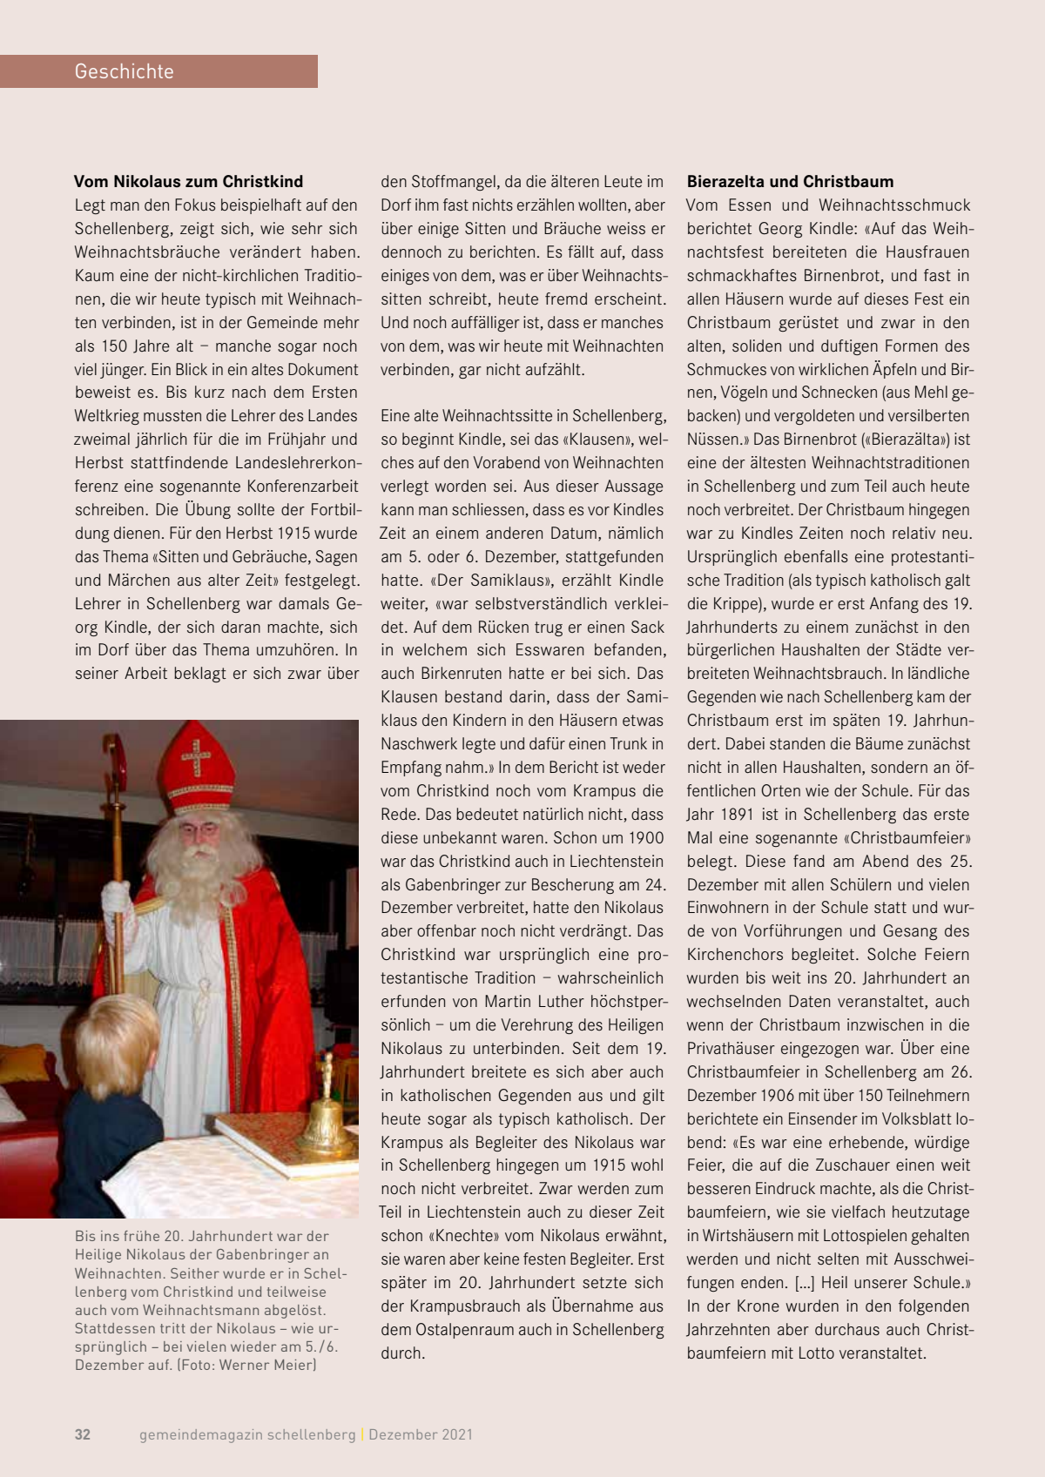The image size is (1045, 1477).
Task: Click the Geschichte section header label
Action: pos(124,71)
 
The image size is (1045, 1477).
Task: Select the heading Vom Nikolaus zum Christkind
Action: pos(188,182)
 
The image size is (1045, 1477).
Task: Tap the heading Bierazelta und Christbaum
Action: pos(790,182)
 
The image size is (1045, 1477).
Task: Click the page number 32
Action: pos(83,1434)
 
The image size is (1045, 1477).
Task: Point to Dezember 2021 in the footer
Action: pos(421,1434)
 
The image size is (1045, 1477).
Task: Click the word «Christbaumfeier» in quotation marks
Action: pos(907,838)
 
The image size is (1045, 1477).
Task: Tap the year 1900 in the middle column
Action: pos(644,838)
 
